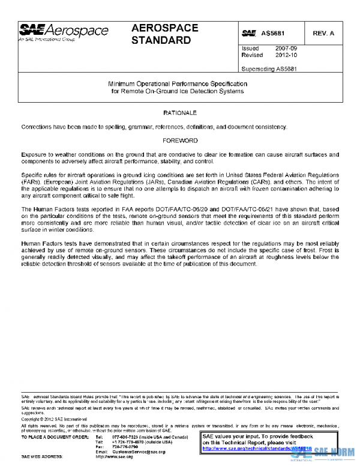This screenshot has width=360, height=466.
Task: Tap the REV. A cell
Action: (x=323, y=33)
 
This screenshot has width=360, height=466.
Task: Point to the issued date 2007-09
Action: (x=284, y=48)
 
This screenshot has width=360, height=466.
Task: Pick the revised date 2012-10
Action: (x=284, y=55)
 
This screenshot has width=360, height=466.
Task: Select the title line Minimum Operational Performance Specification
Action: (x=178, y=85)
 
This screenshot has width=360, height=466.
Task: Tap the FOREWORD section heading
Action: (x=180, y=141)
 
